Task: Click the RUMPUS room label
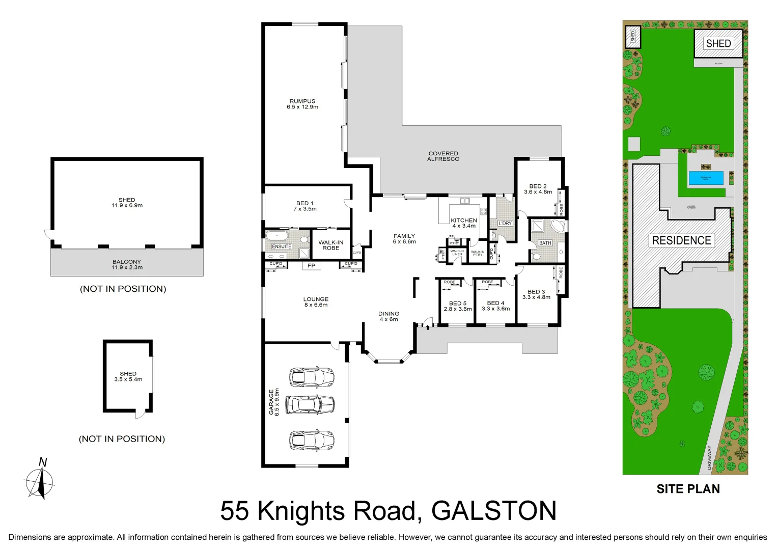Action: click(x=302, y=101)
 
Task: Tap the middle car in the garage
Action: click(x=310, y=405)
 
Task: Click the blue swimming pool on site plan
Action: click(x=706, y=178)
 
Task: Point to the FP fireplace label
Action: click(x=311, y=266)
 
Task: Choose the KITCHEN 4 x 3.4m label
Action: click(x=464, y=223)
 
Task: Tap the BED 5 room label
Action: click(x=458, y=303)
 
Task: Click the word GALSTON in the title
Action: click(x=493, y=511)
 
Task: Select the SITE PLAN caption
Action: click(x=688, y=489)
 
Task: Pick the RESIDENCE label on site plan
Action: click(x=681, y=240)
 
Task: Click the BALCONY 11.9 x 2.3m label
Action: click(x=127, y=264)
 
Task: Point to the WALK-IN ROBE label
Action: click(x=331, y=245)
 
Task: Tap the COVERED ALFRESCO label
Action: click(x=443, y=156)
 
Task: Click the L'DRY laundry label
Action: click(x=505, y=223)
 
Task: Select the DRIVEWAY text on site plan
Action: click(x=709, y=457)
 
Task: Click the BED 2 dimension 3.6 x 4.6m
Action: click(x=538, y=192)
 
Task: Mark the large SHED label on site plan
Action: click(x=718, y=44)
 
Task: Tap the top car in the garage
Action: click(x=311, y=377)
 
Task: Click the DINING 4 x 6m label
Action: click(x=388, y=316)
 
